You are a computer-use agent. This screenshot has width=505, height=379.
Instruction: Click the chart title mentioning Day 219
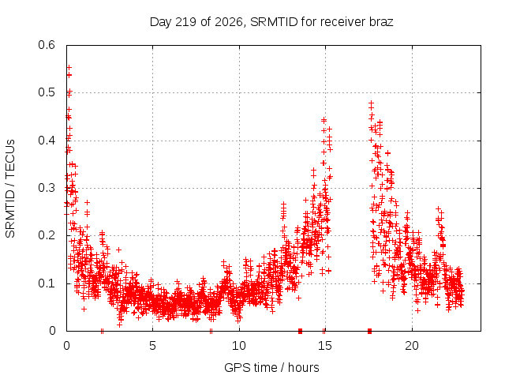(271, 22)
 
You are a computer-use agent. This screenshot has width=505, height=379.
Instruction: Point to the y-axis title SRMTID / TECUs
(10, 189)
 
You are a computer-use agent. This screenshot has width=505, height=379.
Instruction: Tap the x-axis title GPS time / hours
(271, 367)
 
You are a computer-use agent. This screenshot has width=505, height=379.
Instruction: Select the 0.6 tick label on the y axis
(47, 45)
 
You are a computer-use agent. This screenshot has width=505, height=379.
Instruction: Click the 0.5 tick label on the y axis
(47, 92)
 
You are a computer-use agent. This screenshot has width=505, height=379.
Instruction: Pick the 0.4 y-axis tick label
(47, 141)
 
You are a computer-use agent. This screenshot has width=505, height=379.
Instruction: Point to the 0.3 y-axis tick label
(47, 188)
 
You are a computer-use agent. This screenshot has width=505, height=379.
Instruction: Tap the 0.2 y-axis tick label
(47, 235)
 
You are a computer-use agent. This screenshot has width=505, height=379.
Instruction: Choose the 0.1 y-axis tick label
(47, 283)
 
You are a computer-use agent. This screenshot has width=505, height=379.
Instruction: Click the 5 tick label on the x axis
(152, 346)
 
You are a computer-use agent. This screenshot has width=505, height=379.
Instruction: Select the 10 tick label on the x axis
(239, 346)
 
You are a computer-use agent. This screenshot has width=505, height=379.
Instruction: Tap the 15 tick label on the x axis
(325, 346)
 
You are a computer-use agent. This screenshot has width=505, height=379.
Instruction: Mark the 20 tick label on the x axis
(412, 346)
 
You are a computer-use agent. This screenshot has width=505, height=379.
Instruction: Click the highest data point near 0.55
(69, 67)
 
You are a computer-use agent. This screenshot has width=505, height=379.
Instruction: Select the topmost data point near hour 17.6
(371, 103)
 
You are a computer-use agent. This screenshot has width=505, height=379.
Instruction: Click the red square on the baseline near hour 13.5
(300, 331)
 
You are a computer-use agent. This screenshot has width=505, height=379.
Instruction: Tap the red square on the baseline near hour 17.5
(369, 331)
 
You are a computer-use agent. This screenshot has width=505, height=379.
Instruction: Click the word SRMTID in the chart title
(274, 22)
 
